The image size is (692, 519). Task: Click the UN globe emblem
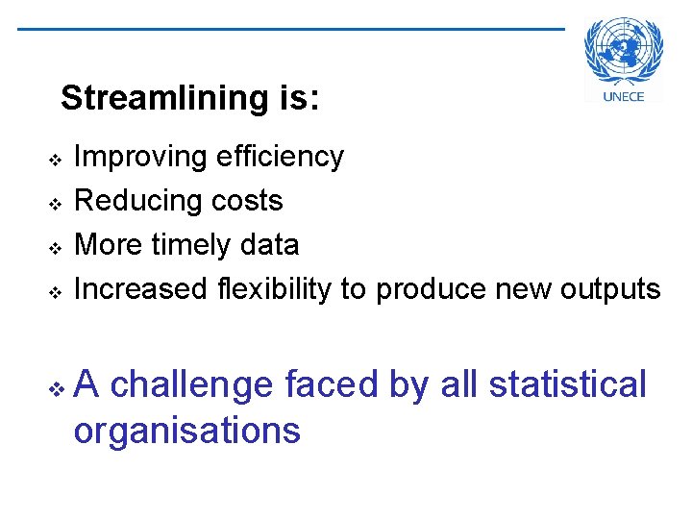pos(623,53)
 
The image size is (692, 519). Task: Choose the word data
pos(272,245)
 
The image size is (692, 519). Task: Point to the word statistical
pos(568,384)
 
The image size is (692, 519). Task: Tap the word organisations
pos(186,430)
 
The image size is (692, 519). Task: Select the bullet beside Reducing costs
pos(56,203)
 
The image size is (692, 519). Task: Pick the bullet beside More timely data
pos(56,247)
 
